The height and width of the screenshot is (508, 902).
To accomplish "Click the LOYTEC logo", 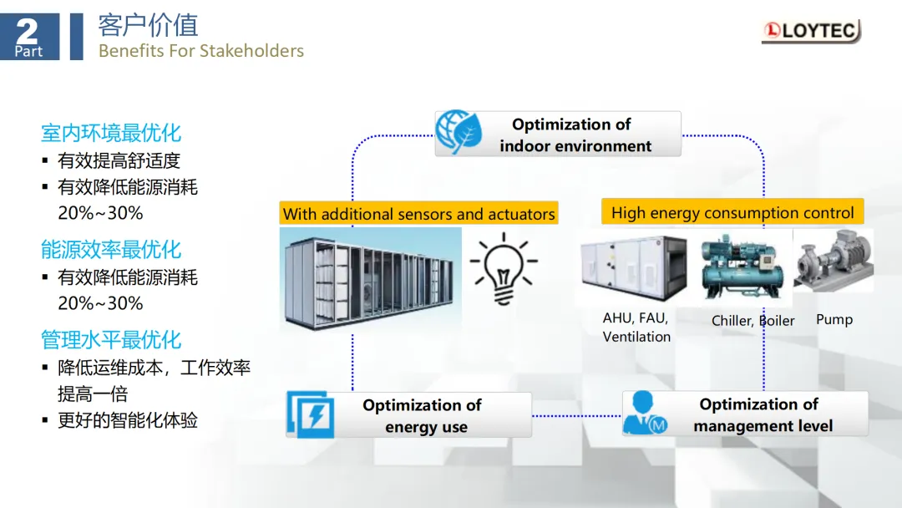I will (x=810, y=32).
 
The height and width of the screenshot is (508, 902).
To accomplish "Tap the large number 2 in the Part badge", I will (x=27, y=31).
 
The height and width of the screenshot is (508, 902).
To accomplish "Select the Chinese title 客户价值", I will (x=148, y=25).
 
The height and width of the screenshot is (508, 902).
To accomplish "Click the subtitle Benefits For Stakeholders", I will (x=200, y=51).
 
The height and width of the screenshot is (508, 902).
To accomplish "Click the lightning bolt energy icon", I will (x=311, y=414).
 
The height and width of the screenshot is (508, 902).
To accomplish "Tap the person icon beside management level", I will (x=645, y=414).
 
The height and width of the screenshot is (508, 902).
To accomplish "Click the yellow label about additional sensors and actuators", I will (x=418, y=214).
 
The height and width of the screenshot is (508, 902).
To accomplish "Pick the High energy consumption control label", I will (x=732, y=212).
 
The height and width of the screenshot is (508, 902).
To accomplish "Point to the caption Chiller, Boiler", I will (x=753, y=321).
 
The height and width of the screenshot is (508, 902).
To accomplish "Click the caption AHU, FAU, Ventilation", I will (x=636, y=328).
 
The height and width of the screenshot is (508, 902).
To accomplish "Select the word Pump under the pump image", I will (x=834, y=319).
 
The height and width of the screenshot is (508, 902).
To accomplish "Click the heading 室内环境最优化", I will (x=111, y=133).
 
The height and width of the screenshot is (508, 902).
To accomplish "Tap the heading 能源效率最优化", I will (x=111, y=249).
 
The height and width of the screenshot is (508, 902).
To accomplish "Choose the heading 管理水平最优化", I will (x=111, y=340).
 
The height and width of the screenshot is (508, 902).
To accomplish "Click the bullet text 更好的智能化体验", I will (x=127, y=420).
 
